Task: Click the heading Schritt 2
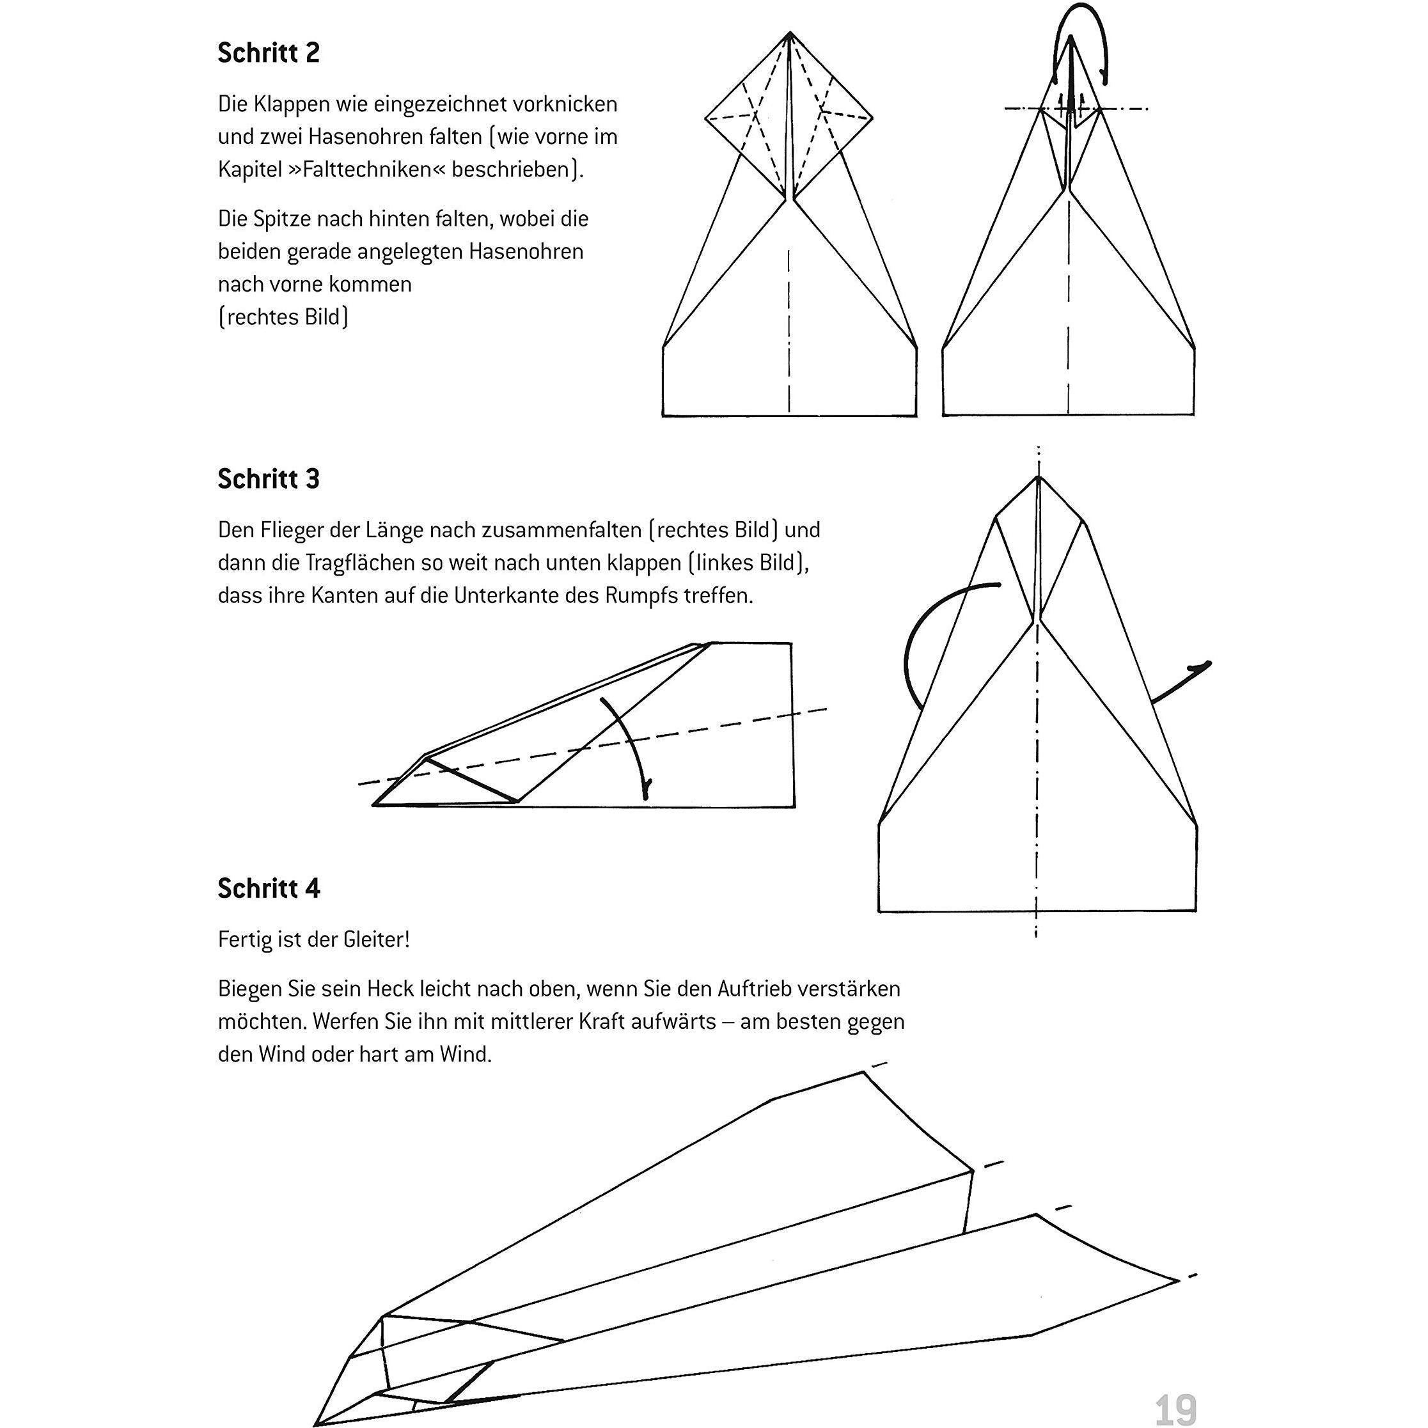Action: (x=269, y=53)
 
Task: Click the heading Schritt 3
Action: (x=269, y=479)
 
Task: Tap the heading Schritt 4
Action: (x=269, y=888)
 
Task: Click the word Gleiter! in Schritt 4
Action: (x=376, y=939)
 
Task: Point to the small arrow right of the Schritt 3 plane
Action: (x=1182, y=680)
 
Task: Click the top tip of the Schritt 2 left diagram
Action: (x=789, y=33)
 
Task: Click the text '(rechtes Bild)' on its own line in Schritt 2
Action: (x=283, y=317)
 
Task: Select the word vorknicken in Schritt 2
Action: (x=569, y=104)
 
